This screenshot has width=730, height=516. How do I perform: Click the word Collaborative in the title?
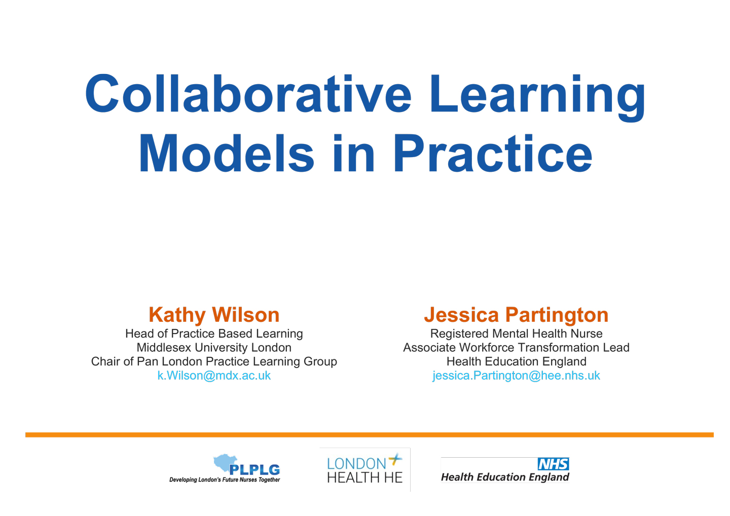click(x=248, y=93)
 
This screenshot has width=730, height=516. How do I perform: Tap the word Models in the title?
click(x=227, y=153)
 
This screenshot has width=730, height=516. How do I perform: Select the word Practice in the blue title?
click(x=493, y=153)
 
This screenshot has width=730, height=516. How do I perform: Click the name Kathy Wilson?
click(x=214, y=315)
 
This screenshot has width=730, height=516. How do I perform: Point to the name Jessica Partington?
click(x=516, y=315)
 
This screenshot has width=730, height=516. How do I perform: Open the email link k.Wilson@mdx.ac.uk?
click(x=214, y=376)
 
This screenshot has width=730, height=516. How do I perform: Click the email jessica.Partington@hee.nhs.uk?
click(x=516, y=376)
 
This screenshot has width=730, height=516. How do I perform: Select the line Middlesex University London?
click(x=214, y=348)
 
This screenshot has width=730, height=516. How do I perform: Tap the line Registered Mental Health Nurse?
click(x=516, y=334)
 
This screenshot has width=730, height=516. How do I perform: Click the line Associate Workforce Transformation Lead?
click(x=516, y=348)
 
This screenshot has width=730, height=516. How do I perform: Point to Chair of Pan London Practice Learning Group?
click(x=214, y=361)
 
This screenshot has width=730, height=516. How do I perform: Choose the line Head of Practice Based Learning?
click(x=214, y=334)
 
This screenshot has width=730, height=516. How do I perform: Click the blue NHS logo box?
click(x=554, y=464)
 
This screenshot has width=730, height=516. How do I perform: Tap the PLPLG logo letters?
click(x=254, y=470)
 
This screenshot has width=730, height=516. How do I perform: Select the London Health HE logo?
click(x=365, y=469)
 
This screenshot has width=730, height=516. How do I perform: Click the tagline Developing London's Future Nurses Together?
click(x=225, y=480)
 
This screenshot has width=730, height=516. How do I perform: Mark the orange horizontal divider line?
click(x=370, y=434)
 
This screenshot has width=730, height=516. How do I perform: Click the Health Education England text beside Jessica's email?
click(x=516, y=361)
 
